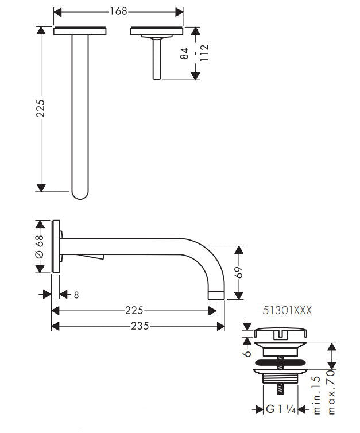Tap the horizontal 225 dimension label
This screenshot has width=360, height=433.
point(134,311)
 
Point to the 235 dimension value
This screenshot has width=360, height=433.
point(138,326)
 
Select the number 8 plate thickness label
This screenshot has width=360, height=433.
point(76,295)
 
